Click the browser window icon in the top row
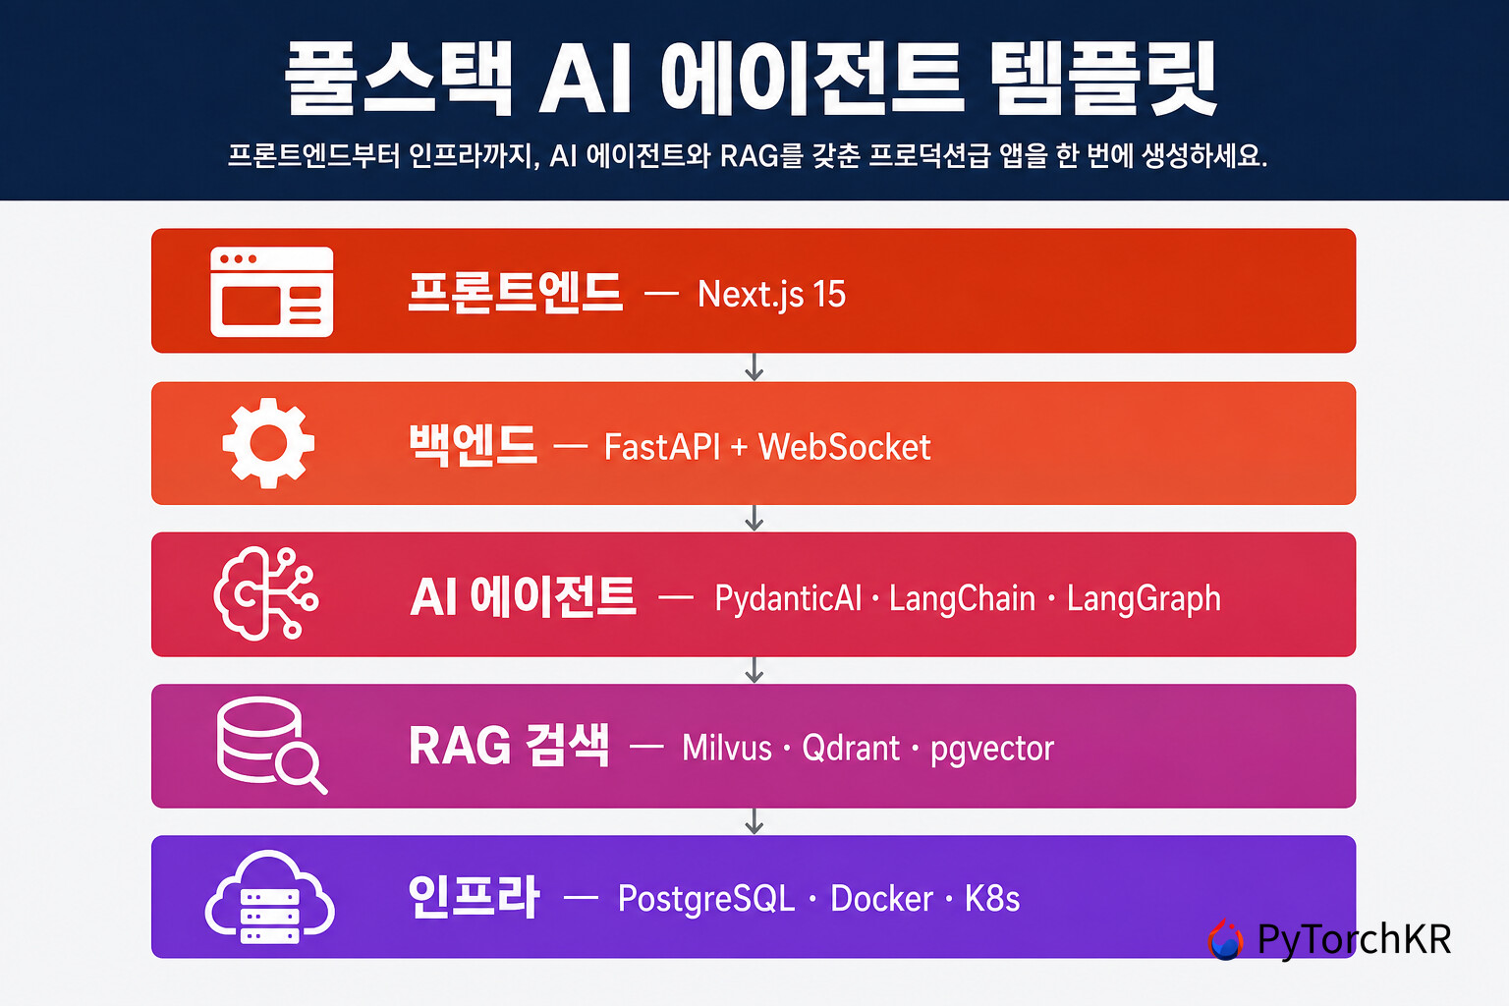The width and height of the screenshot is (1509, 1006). coord(271,292)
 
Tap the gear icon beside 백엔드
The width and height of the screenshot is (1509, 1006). coord(268,443)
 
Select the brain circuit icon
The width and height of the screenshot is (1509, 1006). coord(266,593)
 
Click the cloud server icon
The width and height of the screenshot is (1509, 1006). coord(269,897)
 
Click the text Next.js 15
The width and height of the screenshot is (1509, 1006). coord(771,295)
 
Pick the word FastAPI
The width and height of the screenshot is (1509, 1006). coord(662,447)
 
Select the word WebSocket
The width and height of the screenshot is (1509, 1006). coord(845,447)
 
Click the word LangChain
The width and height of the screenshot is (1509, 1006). coord(962,598)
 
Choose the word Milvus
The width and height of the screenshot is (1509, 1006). coord(727,748)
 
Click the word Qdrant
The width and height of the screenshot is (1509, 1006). coord(851,748)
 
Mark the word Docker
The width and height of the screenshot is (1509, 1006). coord(882,898)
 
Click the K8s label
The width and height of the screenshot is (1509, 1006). coord(991,898)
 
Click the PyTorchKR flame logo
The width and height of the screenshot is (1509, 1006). coord(1225,938)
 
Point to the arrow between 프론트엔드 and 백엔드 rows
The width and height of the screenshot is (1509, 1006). coord(754,367)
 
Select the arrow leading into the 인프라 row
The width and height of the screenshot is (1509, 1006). coord(754,821)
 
